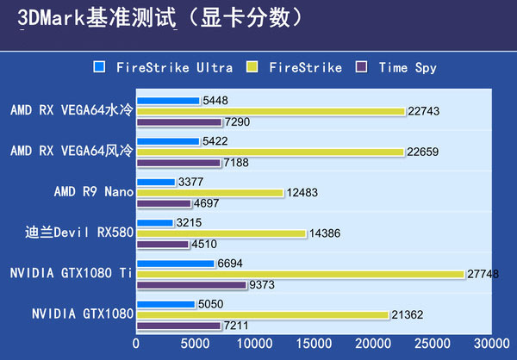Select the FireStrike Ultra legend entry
[160, 67]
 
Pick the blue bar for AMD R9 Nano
[156, 182]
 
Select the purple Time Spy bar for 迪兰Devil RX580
[163, 244]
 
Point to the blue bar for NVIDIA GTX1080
[166, 304]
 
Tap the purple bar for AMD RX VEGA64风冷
[179, 162]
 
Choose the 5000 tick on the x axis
[195, 343]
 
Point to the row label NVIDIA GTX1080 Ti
[71, 273]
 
